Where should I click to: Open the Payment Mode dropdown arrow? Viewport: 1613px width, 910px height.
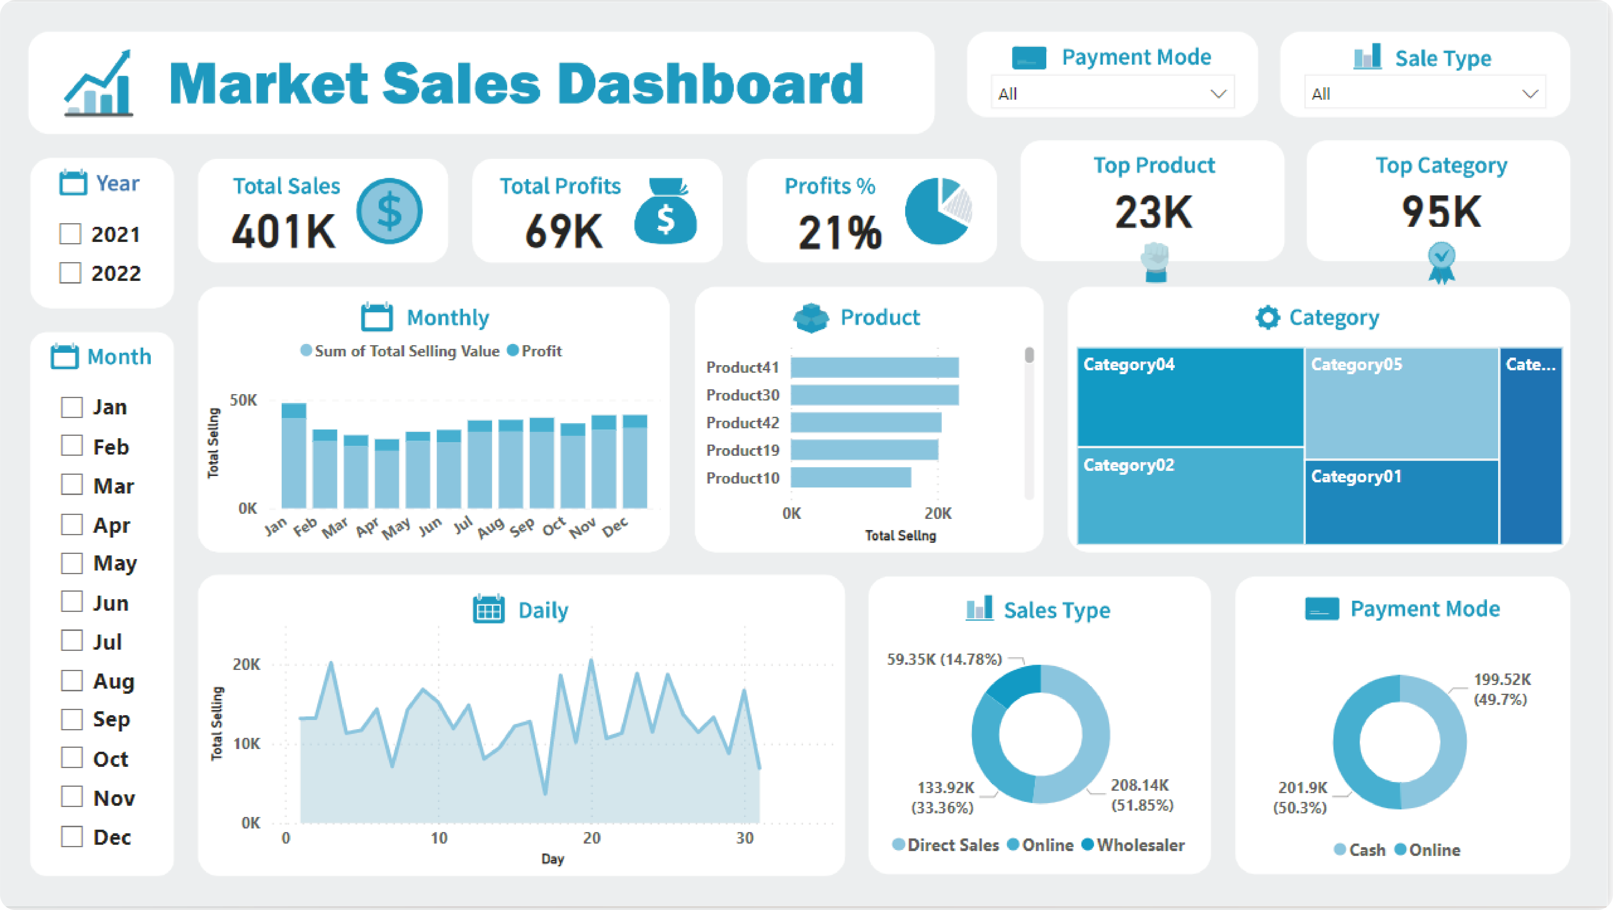pos(1218,94)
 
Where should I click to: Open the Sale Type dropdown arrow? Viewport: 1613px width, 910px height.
pos(1530,94)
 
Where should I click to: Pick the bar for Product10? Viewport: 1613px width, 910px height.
pos(850,478)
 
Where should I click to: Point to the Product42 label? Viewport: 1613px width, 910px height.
pos(743,423)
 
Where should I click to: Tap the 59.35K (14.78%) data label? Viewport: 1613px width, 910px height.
pos(944,659)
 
